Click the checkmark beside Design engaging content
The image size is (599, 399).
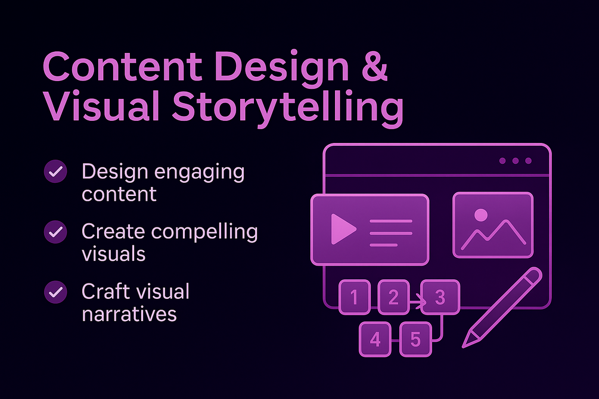56,172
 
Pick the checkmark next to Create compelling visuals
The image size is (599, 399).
56,232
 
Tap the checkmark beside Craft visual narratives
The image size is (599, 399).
56,292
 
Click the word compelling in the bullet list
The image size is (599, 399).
205,232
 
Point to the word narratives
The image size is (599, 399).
129,314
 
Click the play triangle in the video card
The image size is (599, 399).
342,229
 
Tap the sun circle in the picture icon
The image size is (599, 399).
480,215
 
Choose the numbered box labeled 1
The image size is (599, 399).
355,297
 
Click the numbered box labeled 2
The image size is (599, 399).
393,297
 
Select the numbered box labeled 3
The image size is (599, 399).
440,297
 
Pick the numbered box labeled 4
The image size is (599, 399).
375,339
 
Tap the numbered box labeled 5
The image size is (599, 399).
415,339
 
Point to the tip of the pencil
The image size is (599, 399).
463,347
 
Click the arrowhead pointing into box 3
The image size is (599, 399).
422,303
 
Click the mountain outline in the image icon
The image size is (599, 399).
494,233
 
